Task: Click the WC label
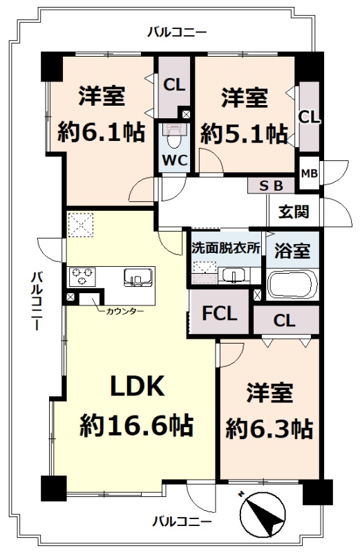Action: pyautogui.click(x=175, y=161)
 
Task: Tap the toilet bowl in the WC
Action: pyautogui.click(x=174, y=138)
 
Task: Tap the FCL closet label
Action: pyautogui.click(x=219, y=313)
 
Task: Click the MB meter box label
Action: pyautogui.click(x=310, y=174)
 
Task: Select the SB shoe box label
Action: pyautogui.click(x=272, y=186)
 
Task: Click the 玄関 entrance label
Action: pyautogui.click(x=294, y=212)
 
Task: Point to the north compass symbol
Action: pyautogui.click(x=263, y=513)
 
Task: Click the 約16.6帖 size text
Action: pyautogui.click(x=137, y=424)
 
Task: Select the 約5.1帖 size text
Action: pyautogui.click(x=244, y=133)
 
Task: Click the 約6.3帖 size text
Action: pyautogui.click(x=269, y=428)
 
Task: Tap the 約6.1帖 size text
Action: pyautogui.click(x=102, y=131)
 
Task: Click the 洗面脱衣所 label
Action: pyautogui.click(x=226, y=249)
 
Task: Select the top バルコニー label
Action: pyautogui.click(x=177, y=32)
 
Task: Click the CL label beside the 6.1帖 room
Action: pyautogui.click(x=174, y=85)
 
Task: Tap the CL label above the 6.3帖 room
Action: pyautogui.click(x=284, y=321)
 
